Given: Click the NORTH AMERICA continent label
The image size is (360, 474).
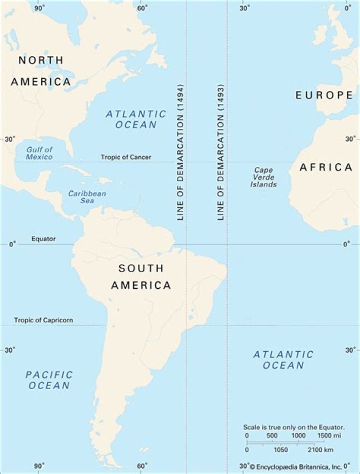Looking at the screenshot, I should click(x=41, y=71).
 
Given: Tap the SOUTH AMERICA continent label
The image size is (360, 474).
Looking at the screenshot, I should click(x=140, y=277).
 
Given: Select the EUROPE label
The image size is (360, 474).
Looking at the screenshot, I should click(x=323, y=95).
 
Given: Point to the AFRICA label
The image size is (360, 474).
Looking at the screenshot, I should click(x=326, y=167).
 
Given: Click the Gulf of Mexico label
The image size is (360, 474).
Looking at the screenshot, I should click(x=39, y=153).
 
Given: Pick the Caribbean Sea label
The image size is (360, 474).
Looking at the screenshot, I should click(x=87, y=197).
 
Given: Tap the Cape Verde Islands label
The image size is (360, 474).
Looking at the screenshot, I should click(x=263, y=177).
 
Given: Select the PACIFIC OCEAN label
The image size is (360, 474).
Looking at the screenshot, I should click(x=49, y=380).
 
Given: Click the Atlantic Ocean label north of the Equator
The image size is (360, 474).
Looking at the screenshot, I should click(x=136, y=119).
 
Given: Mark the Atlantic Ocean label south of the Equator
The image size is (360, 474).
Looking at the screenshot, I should click(x=283, y=360).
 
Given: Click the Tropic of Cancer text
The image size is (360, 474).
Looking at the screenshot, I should click(x=126, y=157).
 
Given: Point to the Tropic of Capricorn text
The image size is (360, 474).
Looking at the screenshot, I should click(x=43, y=320).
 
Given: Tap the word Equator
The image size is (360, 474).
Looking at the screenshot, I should click(x=43, y=239).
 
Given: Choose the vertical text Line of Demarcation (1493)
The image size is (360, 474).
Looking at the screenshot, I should click(x=220, y=152).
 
